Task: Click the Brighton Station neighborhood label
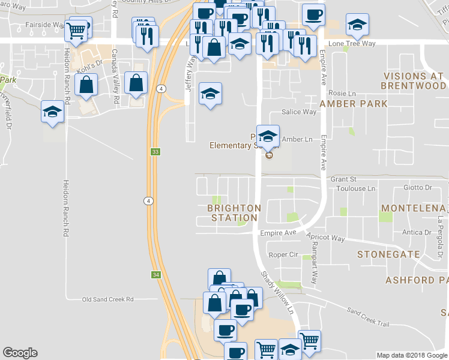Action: point(234,213)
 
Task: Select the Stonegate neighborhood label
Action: point(388,254)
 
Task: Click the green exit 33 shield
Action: point(155,152)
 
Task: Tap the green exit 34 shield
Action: point(155,274)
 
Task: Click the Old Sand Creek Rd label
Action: point(108,299)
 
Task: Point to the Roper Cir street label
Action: point(284,254)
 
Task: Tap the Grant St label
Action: point(343,179)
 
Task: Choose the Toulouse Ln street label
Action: point(354,188)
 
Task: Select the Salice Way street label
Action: point(300,112)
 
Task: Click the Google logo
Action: point(20,353)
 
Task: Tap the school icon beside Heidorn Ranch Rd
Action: point(53,112)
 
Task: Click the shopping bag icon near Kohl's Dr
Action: point(87,85)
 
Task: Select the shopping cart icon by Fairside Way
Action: point(76,30)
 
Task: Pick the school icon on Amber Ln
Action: point(268,135)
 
